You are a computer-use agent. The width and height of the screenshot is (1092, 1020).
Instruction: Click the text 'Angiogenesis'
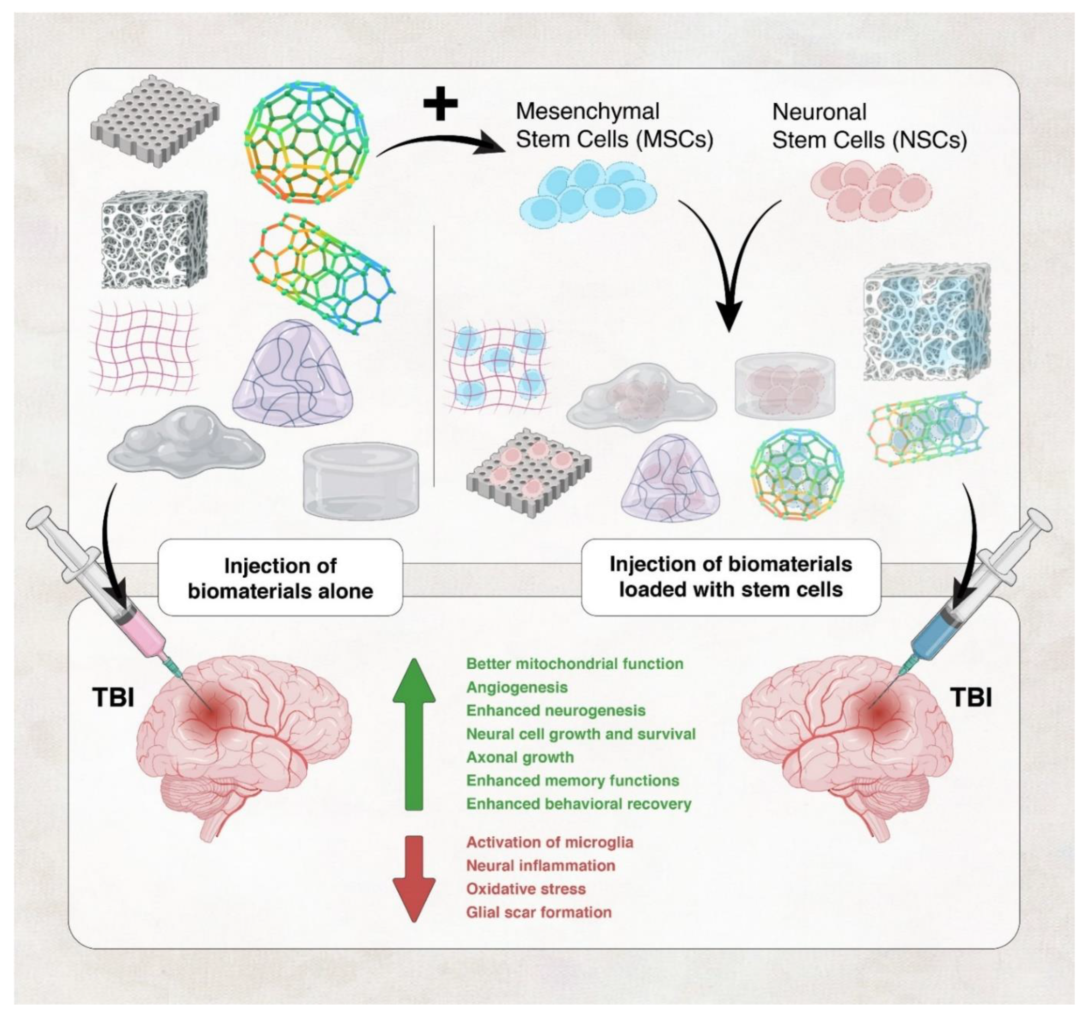[x=517, y=687]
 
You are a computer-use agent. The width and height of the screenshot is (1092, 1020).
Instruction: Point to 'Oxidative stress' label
[x=526, y=889]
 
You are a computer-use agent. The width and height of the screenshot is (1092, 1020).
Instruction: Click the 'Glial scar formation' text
[x=538, y=912]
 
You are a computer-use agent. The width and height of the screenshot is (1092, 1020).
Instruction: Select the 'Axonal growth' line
[x=520, y=757]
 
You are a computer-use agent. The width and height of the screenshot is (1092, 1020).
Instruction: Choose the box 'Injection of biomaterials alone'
[x=280, y=578]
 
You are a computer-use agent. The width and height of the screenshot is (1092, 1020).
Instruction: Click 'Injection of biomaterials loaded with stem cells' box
[x=731, y=577]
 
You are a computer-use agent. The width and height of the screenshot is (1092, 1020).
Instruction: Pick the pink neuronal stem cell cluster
[x=871, y=189]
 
